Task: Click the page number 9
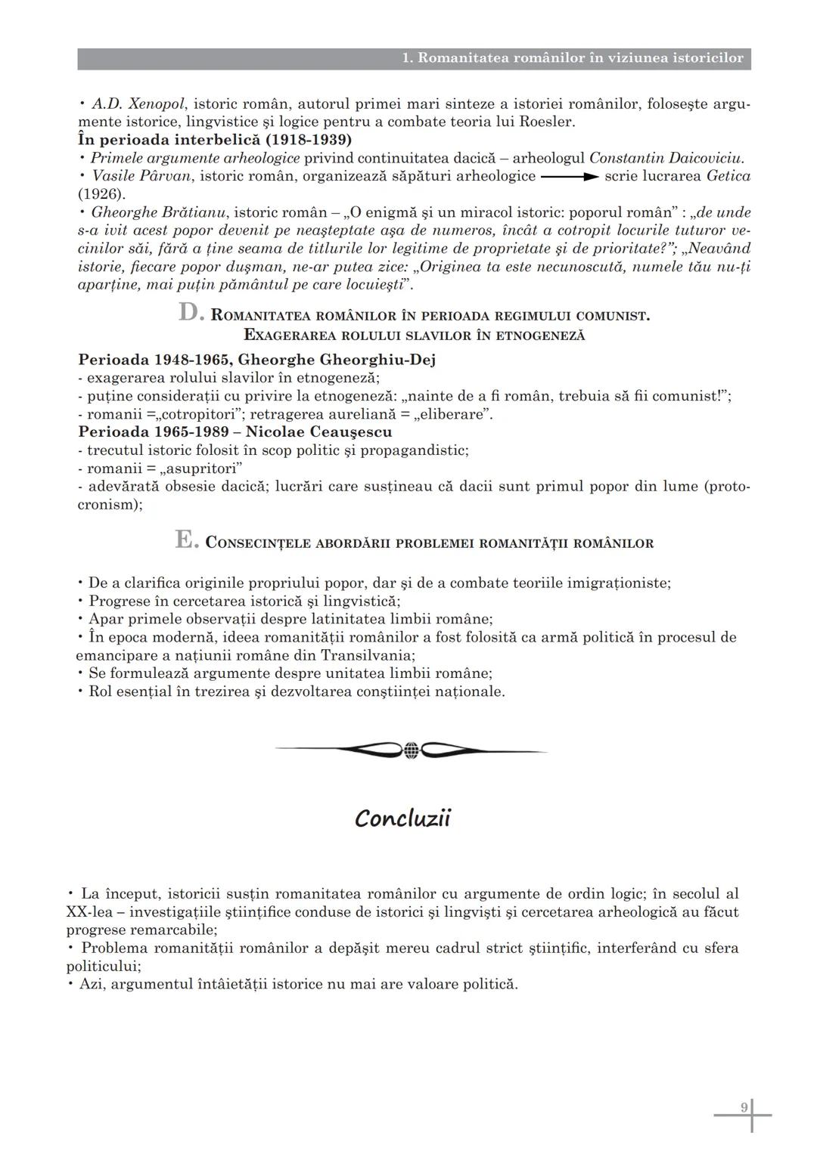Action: (x=744, y=1107)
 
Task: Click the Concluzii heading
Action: (x=402, y=818)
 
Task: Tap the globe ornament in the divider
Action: (x=411, y=750)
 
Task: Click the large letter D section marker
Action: (x=188, y=312)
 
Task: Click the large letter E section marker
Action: (x=185, y=540)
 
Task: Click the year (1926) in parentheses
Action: (x=101, y=194)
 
